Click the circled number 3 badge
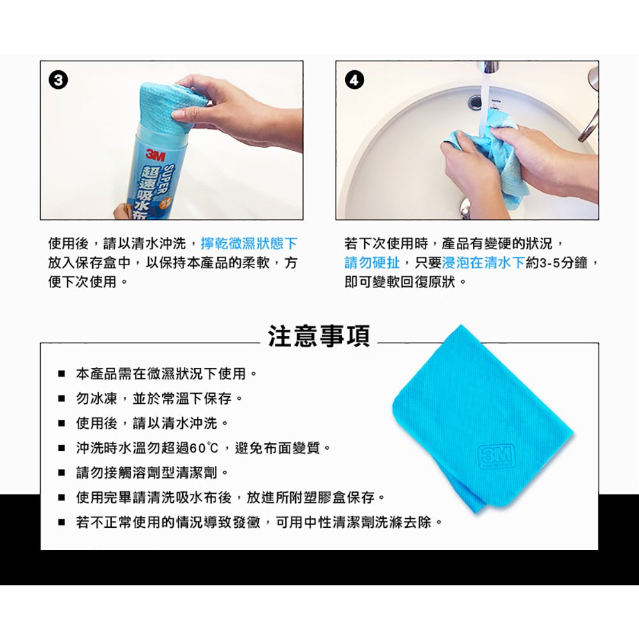tap(58, 81)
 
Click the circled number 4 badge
tap(354, 81)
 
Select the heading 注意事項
tap(319, 336)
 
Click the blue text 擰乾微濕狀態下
tap(249, 243)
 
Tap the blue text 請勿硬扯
tap(372, 263)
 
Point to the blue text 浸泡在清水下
tap(483, 263)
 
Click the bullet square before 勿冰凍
tap(61, 399)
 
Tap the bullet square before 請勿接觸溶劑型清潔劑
tap(61, 473)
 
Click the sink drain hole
tap(475, 102)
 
